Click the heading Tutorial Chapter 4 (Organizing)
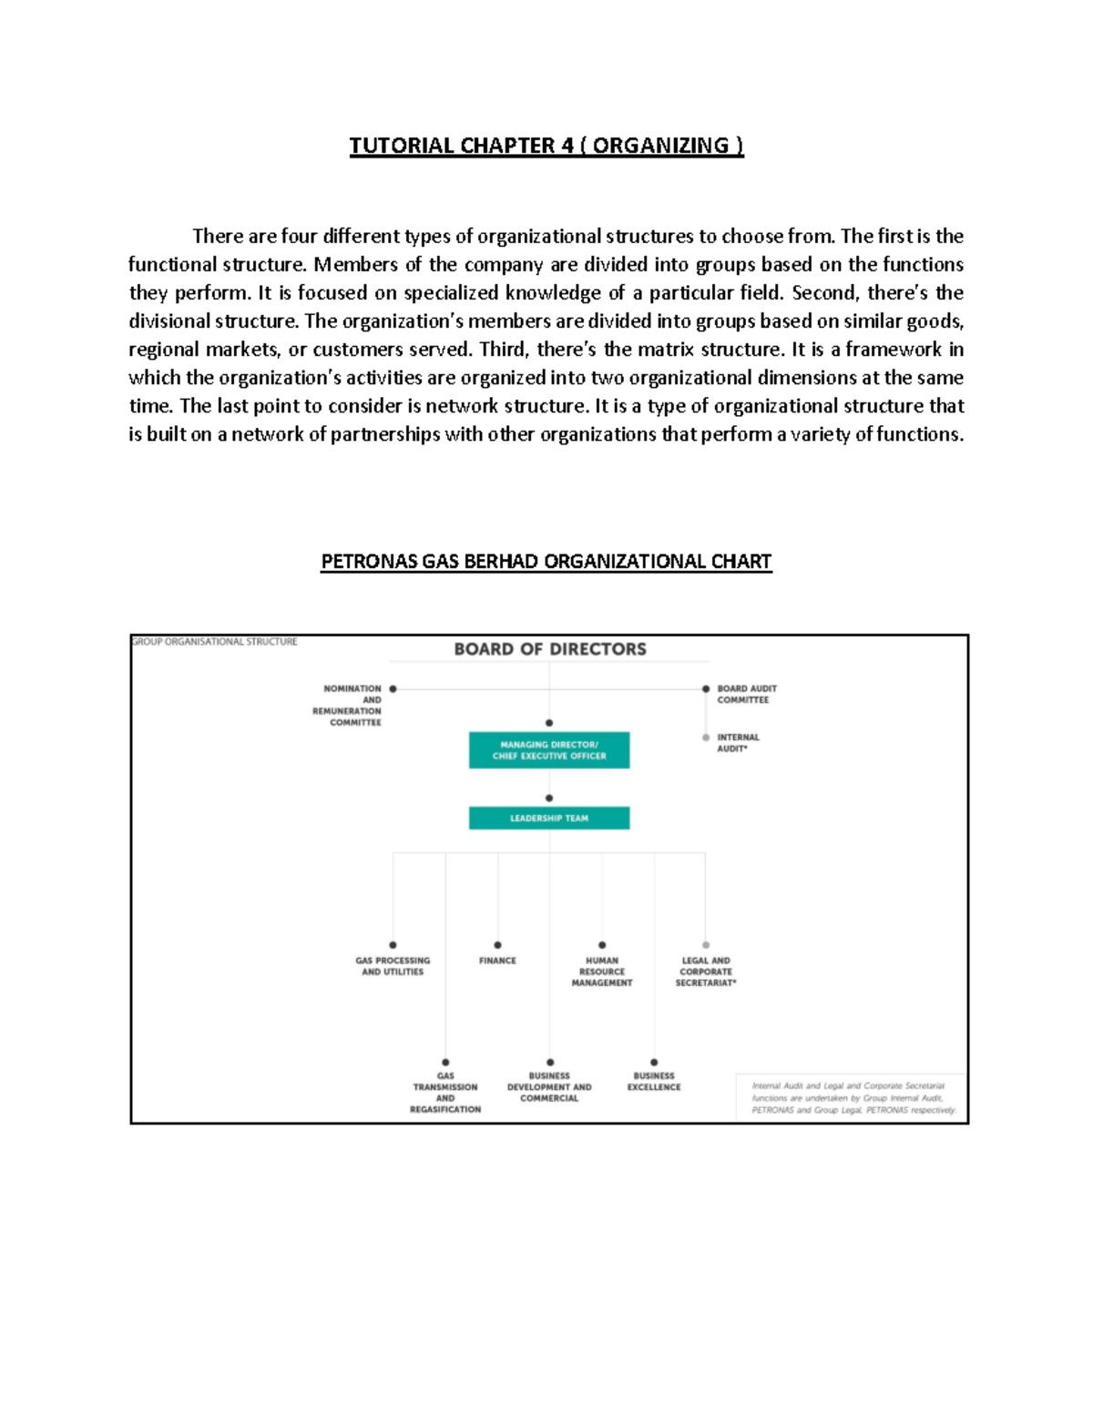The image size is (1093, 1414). [x=546, y=146]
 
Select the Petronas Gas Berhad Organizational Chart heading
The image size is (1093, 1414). [x=546, y=561]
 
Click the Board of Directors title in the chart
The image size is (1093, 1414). [x=550, y=649]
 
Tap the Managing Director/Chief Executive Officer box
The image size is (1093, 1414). [x=549, y=750]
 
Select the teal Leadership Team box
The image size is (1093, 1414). [x=549, y=818]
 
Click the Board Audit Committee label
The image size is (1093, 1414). [x=746, y=694]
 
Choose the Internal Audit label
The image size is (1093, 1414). [x=737, y=743]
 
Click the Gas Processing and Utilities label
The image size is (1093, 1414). [x=393, y=966]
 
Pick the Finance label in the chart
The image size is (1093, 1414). [x=497, y=961]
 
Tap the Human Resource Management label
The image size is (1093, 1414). [x=602, y=971]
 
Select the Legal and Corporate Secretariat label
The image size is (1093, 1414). [x=706, y=971]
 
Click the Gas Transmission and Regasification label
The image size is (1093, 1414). [x=445, y=1093]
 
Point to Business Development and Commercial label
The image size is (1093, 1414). [x=549, y=1087]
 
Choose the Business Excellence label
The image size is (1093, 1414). [x=654, y=1082]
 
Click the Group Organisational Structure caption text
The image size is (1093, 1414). [x=215, y=642]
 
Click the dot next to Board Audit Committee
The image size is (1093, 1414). [x=706, y=689]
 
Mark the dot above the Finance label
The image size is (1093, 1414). [x=497, y=945]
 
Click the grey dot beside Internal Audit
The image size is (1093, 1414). [x=706, y=738]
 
